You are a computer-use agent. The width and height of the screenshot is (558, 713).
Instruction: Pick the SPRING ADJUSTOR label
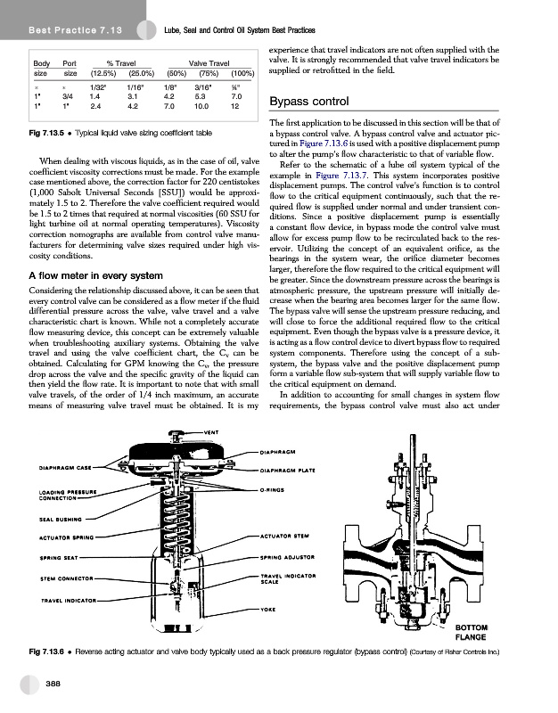click(288, 559)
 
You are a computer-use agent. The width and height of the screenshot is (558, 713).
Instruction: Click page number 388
click(55, 682)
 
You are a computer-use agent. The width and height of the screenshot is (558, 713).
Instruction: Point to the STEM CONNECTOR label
click(61, 579)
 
